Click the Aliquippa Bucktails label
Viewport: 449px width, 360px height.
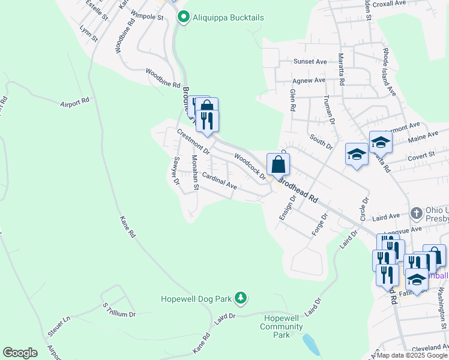[x=228, y=17]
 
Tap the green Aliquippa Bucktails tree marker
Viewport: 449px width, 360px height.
[x=184, y=17]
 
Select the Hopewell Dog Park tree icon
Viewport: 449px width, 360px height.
[x=240, y=297]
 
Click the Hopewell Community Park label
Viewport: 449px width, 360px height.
[x=282, y=322]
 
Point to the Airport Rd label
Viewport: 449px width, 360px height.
[x=74, y=103]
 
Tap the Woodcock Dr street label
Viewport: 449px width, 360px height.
[x=250, y=166]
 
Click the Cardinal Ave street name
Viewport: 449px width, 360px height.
[x=219, y=181]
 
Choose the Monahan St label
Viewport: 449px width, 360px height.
[x=194, y=173]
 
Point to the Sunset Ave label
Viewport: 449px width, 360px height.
[x=310, y=61]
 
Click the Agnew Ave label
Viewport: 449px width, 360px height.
[x=309, y=80]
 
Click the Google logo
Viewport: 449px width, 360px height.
[x=20, y=352]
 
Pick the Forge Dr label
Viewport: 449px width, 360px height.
[x=319, y=225]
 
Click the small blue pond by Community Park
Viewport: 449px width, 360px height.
[x=310, y=345]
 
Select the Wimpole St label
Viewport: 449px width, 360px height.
[x=147, y=17]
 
